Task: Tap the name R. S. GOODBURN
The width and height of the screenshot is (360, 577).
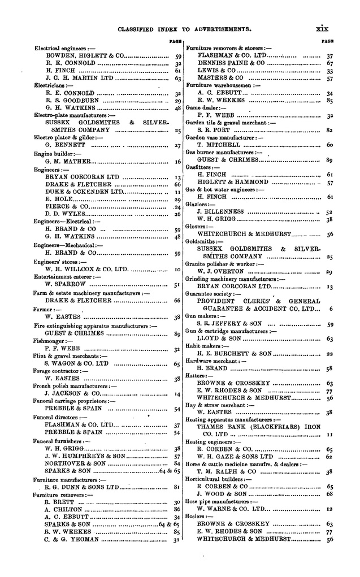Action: click(x=71, y=101)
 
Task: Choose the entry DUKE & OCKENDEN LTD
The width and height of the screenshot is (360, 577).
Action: click(x=85, y=192)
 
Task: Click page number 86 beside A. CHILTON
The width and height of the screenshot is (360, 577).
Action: click(x=177, y=509)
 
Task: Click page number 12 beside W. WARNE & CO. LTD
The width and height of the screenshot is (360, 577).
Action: click(x=329, y=509)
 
